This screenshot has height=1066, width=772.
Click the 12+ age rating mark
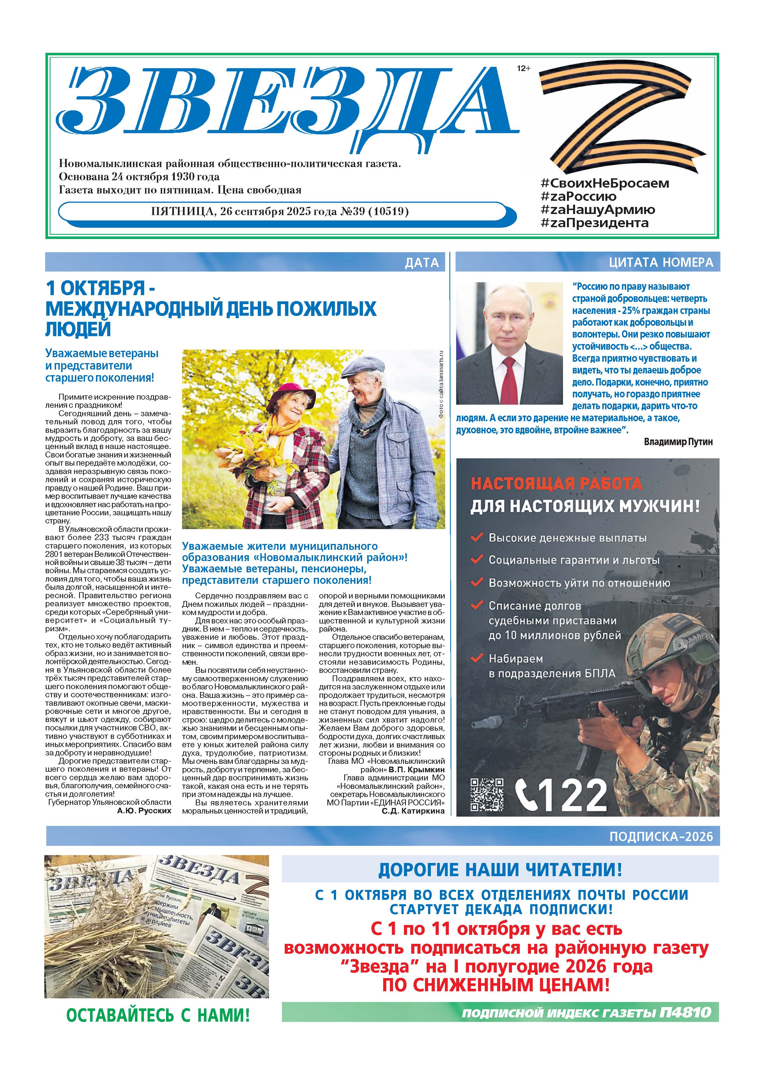coord(523,69)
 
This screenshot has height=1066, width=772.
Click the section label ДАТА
coord(422,262)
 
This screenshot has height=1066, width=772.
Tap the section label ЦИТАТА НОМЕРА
coord(661,262)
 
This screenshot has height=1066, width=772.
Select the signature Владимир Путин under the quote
coord(678,441)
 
